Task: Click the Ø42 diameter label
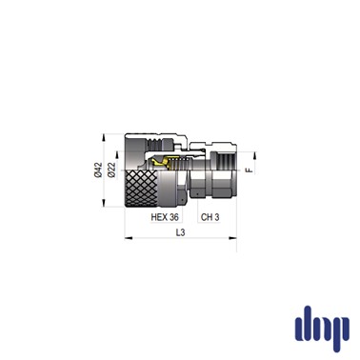pos(99,170)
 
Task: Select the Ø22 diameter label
pos(110,170)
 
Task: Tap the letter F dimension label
pos(250,170)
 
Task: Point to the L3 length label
pos(180,232)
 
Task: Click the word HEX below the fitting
pos(159,217)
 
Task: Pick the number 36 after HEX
pos(174,217)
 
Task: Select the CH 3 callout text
pos(210,217)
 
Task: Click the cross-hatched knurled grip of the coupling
pos(141,189)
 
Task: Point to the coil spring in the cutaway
pos(180,164)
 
